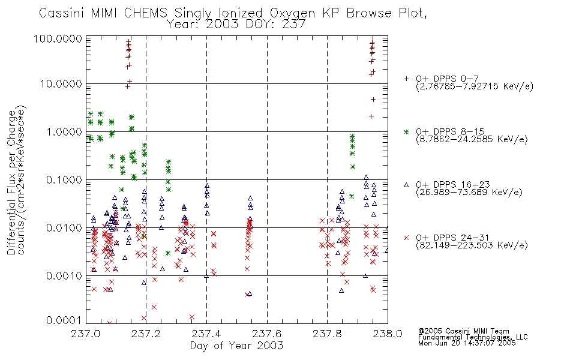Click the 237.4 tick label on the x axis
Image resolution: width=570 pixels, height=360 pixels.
click(206, 334)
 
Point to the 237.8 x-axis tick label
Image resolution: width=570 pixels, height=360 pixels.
click(327, 334)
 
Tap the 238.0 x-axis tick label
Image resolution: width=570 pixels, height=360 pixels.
click(388, 334)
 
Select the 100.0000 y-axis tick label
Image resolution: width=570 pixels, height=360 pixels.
click(58, 38)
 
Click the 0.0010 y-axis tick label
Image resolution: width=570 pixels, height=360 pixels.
click(64, 275)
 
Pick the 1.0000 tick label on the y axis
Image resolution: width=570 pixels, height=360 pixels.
click(64, 131)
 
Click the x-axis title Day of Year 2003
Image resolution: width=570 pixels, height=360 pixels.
click(236, 346)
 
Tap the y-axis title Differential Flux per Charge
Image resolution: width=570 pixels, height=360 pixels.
click(12, 182)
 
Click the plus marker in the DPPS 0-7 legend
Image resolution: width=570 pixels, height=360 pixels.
click(406, 79)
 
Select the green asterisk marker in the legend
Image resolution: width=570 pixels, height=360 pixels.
click(406, 131)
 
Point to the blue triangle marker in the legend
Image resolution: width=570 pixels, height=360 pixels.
click(406, 185)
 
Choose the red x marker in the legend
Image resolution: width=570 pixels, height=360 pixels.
click(406, 238)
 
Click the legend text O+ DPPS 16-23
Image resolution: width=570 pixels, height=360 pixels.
click(453, 185)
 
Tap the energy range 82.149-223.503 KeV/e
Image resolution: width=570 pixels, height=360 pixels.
click(472, 245)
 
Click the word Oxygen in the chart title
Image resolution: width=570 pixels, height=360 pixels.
click(292, 13)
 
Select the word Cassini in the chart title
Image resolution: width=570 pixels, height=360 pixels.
click(62, 13)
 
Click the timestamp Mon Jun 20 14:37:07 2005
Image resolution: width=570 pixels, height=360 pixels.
click(467, 343)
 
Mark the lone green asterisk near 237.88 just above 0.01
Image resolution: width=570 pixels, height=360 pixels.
click(352, 196)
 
